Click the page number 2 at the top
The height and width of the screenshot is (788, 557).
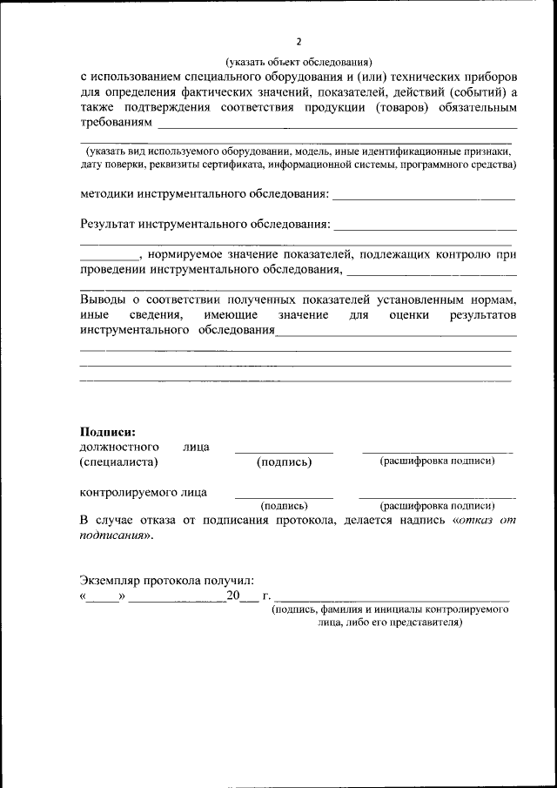coord(299,42)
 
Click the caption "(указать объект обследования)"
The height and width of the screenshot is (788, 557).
coord(299,62)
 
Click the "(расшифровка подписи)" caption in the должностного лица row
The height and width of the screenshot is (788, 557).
coord(437,461)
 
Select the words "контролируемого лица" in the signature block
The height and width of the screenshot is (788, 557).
coord(144,492)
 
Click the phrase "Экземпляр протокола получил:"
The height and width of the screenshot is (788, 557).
coord(167,580)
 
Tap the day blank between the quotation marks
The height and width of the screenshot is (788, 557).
coord(104,597)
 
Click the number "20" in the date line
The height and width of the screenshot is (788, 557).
coord(232,596)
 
